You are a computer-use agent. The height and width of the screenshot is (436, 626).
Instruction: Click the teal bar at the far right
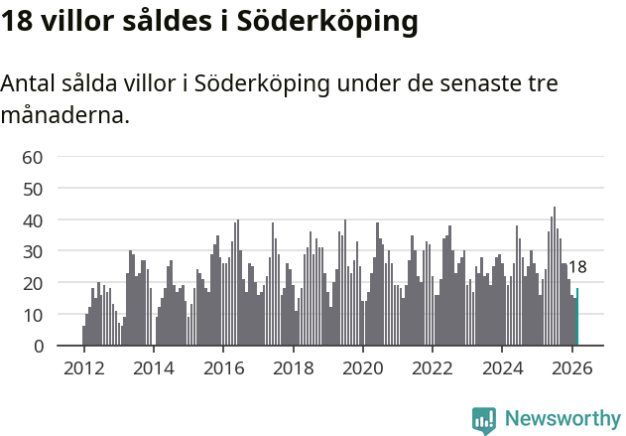(577, 318)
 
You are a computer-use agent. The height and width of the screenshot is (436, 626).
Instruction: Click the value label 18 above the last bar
(577, 267)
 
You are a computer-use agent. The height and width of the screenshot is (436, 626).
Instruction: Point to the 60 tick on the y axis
(32, 157)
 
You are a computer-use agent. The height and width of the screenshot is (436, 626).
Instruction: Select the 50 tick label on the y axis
(32, 189)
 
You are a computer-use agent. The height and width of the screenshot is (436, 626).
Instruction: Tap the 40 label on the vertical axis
(32, 219)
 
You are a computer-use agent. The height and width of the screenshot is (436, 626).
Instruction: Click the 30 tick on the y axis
(32, 251)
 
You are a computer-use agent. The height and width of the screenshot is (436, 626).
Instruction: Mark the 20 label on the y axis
(32, 283)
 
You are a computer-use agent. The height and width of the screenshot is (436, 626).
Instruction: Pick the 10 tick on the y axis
(32, 315)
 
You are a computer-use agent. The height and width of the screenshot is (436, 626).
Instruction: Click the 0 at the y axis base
(37, 347)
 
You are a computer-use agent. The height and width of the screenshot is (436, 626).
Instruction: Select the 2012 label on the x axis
(83, 367)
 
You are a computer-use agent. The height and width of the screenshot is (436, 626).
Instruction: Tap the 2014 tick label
(153, 367)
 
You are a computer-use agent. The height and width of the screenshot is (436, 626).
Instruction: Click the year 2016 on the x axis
(223, 367)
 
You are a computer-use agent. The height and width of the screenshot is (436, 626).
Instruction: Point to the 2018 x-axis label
(293, 367)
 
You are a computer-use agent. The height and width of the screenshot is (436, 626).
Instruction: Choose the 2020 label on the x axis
(362, 367)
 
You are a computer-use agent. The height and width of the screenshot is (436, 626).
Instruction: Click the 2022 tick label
(433, 367)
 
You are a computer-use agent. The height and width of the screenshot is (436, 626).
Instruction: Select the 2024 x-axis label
(502, 367)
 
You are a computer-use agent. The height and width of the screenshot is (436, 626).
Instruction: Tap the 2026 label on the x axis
(571, 367)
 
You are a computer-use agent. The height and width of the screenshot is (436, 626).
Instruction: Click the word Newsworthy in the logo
(563, 419)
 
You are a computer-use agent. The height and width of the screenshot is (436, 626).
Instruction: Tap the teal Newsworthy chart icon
(484, 420)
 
